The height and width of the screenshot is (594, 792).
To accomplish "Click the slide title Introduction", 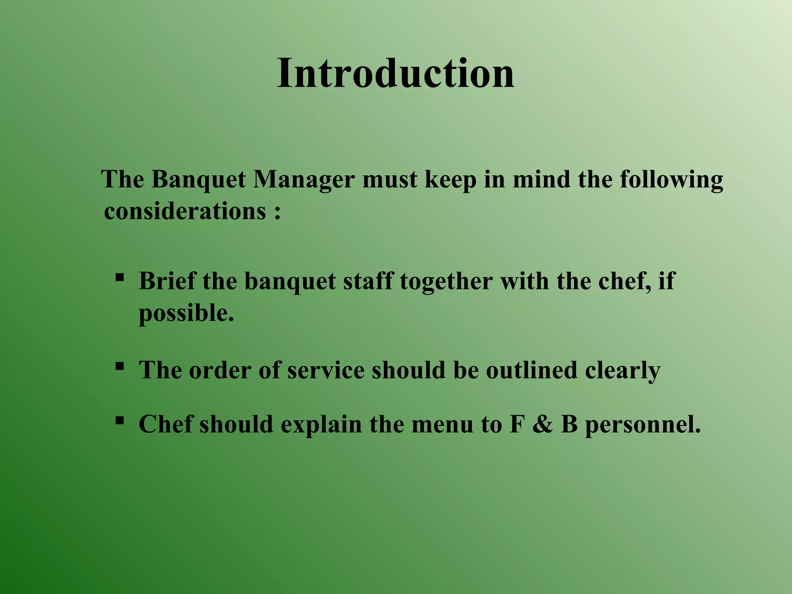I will [x=395, y=73].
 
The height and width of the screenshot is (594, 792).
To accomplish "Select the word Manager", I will [x=304, y=180].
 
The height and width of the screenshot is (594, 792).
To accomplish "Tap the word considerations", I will [x=185, y=212].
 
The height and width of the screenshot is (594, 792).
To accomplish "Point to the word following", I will [x=671, y=180].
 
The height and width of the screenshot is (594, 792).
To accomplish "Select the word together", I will [x=446, y=282].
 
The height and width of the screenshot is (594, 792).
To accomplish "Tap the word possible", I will [x=186, y=313].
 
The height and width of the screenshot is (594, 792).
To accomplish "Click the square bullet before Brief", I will [x=119, y=277].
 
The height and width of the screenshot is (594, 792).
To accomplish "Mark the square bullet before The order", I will [x=119, y=366].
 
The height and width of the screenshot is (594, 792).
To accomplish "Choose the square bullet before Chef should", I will [x=119, y=420].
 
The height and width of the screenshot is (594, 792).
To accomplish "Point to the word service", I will [x=326, y=370].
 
